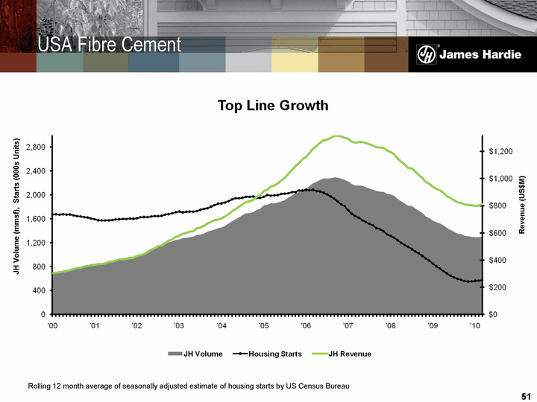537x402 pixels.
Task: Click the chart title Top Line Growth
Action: (x=272, y=106)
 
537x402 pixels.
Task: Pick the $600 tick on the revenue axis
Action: (x=499, y=233)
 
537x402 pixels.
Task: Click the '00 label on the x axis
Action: (x=52, y=326)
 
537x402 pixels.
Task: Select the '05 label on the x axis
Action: (x=263, y=326)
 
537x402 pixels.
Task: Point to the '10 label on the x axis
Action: (x=474, y=326)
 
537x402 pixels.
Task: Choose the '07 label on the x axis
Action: (x=348, y=326)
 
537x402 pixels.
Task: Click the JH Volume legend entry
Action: (x=195, y=353)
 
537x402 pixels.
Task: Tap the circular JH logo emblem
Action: (x=426, y=54)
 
